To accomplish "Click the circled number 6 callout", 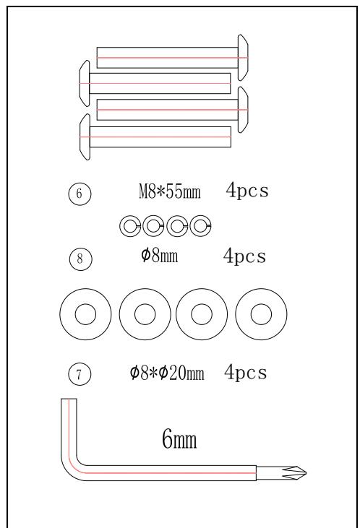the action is coord(80,194).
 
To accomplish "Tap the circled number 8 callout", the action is coord(80,259).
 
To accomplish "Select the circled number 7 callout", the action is coord(80,374).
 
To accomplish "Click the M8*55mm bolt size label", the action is coord(170,191).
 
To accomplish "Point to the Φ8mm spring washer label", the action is coord(159,256).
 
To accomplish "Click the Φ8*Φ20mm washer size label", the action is coord(167,373).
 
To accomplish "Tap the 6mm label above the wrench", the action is coord(179,438).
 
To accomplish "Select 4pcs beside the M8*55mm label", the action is coord(247,190).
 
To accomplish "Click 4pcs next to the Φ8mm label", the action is coord(244,256).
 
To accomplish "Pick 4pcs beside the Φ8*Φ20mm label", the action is coord(245,373).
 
